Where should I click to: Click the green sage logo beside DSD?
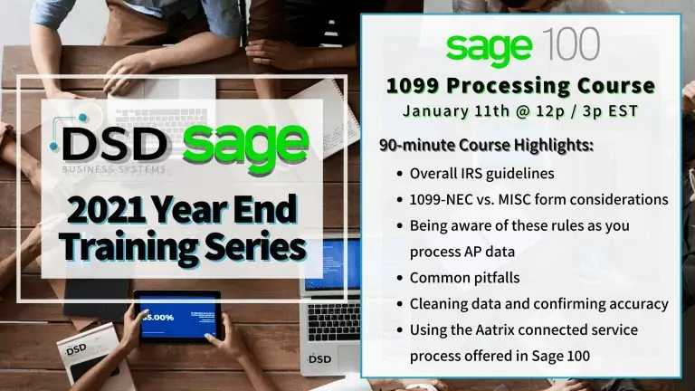tap(245, 141)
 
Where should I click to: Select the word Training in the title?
tap(124, 245)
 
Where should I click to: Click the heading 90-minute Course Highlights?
tap(486, 146)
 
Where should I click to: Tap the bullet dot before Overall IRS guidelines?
tap(400, 173)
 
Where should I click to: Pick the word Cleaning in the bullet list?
tap(437, 303)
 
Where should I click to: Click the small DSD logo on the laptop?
tap(319, 358)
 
